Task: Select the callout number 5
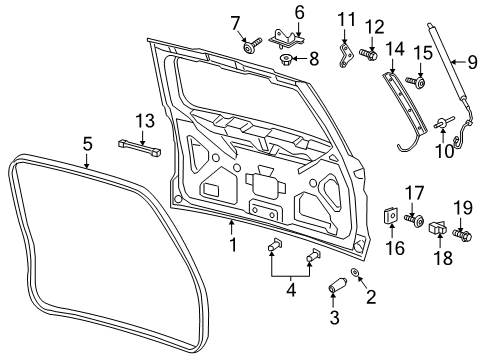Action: (x=87, y=144)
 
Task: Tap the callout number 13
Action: (x=146, y=122)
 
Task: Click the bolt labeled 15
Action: (x=419, y=82)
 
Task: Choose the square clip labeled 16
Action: (x=390, y=214)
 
